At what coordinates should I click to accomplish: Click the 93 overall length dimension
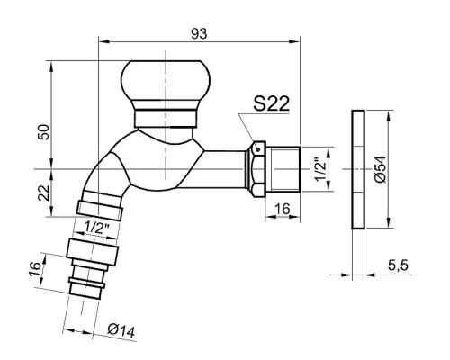pyautogui.click(x=199, y=34)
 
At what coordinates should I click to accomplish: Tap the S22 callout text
pyautogui.click(x=272, y=103)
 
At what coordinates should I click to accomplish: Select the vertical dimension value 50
pyautogui.click(x=44, y=131)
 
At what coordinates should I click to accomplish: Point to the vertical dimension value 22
pyautogui.click(x=44, y=193)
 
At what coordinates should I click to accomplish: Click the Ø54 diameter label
pyautogui.click(x=381, y=169)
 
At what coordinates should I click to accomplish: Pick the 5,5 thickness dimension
pyautogui.click(x=398, y=265)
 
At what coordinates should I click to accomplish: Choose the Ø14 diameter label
pyautogui.click(x=121, y=330)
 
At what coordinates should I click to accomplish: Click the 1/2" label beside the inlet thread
pyautogui.click(x=320, y=169)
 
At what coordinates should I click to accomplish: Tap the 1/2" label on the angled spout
pyautogui.click(x=96, y=228)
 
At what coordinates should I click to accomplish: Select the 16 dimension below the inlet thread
pyautogui.click(x=283, y=209)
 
